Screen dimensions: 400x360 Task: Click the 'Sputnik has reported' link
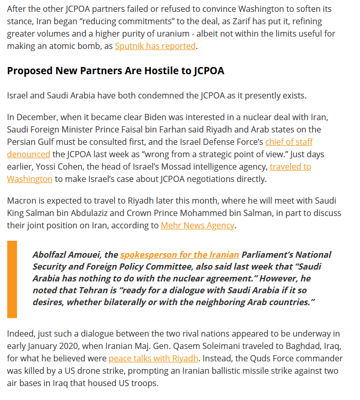(x=155, y=46)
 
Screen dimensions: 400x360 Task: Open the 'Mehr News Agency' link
(x=197, y=225)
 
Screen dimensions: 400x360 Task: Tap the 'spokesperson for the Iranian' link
(x=179, y=255)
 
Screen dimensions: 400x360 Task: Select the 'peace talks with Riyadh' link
(x=153, y=358)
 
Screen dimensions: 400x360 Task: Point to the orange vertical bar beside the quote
(x=12, y=279)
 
